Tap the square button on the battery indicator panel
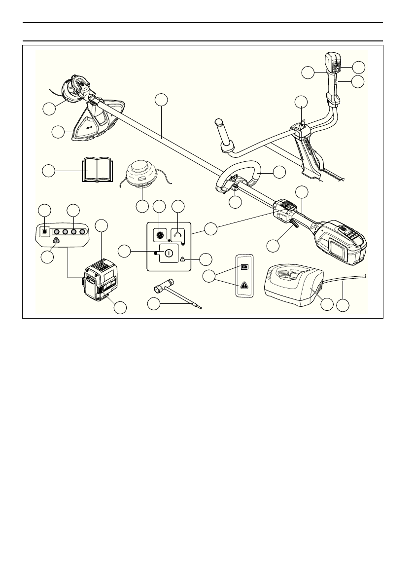pos(44,231)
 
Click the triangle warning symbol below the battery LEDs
pos(55,241)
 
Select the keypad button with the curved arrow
pos(178,235)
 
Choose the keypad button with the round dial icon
pos(160,235)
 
